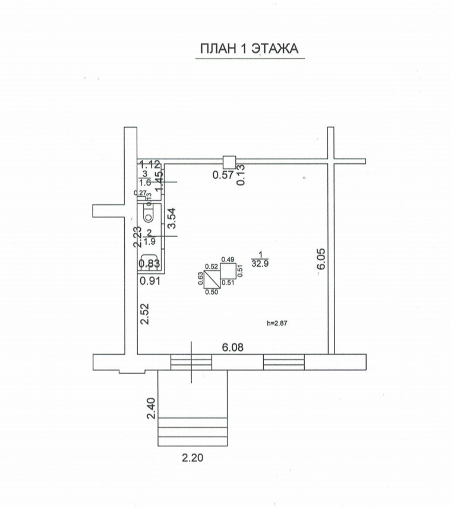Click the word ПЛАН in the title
(x=219, y=49)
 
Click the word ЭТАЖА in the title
(x=275, y=49)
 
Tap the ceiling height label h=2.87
(x=277, y=323)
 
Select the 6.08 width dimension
(x=233, y=348)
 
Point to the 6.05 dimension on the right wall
(x=321, y=259)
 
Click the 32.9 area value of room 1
(x=260, y=263)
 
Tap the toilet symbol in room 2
(x=149, y=213)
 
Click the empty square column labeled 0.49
(x=228, y=270)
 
